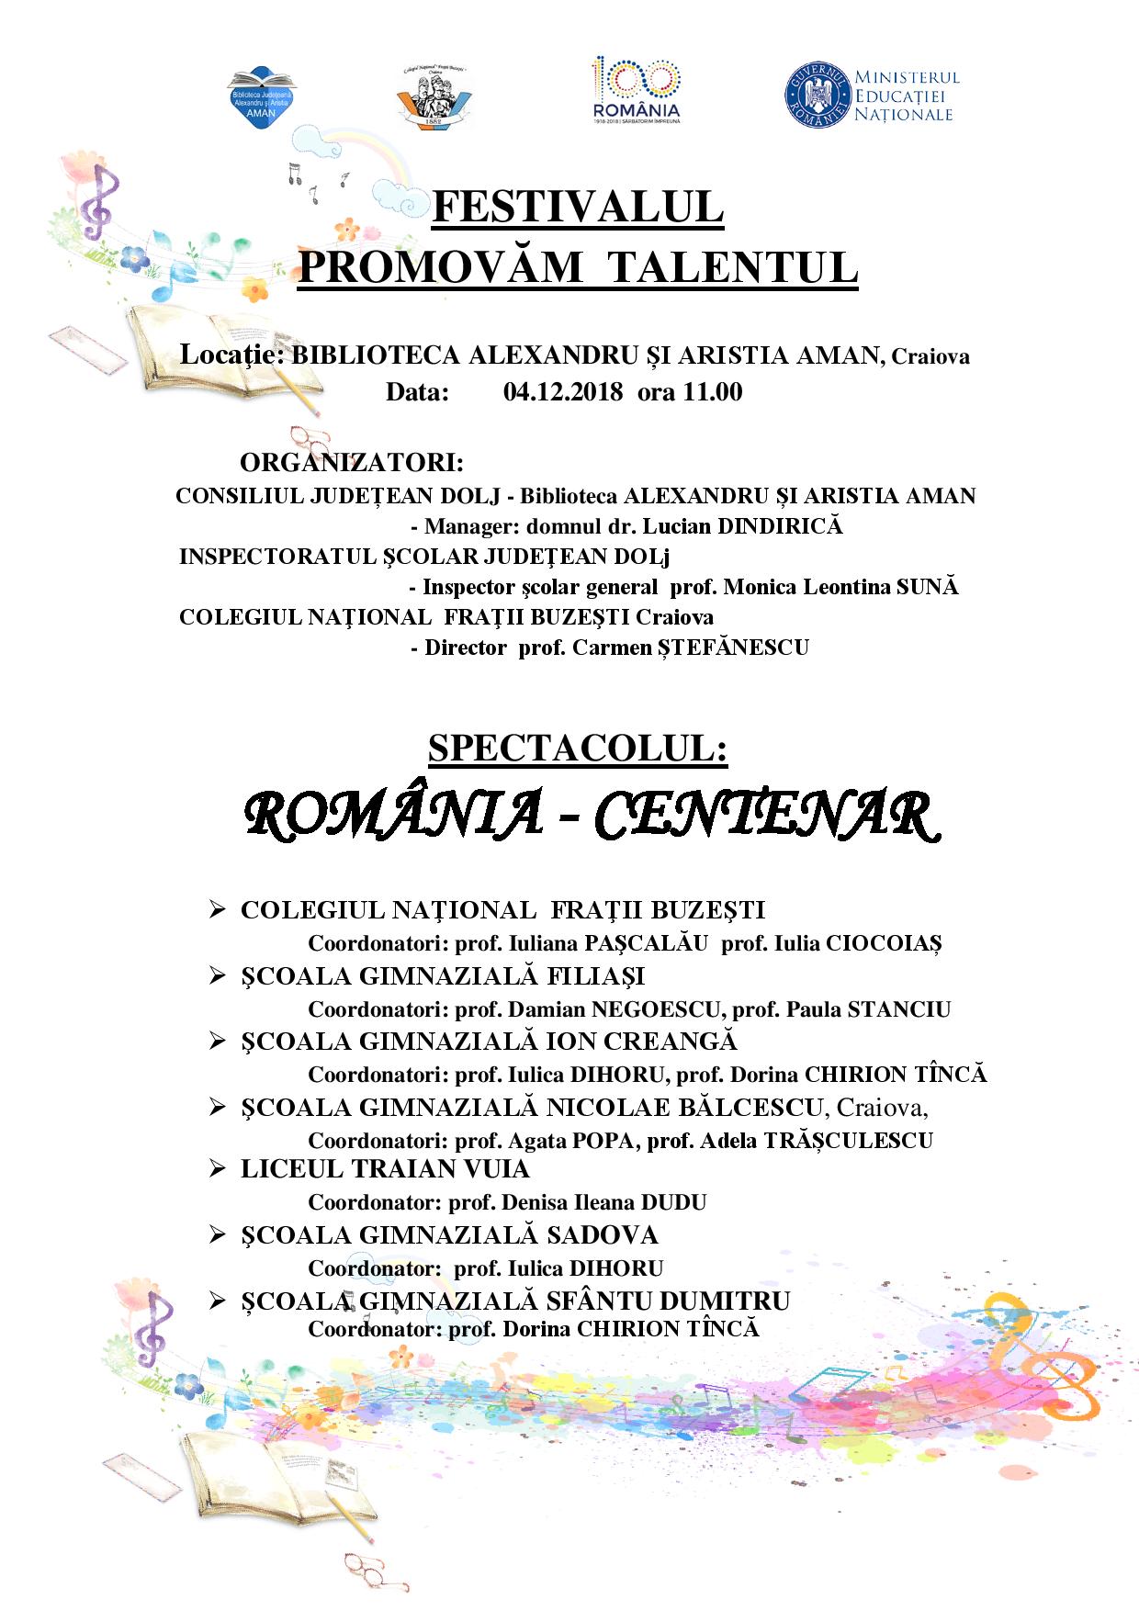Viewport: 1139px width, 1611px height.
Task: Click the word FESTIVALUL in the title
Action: click(x=578, y=208)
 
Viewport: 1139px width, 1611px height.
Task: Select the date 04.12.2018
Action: click(x=563, y=392)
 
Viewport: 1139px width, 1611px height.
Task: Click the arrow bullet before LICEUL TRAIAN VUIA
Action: click(x=218, y=1169)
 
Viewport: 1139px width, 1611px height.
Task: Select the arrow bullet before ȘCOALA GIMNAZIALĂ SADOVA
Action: click(x=218, y=1235)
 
